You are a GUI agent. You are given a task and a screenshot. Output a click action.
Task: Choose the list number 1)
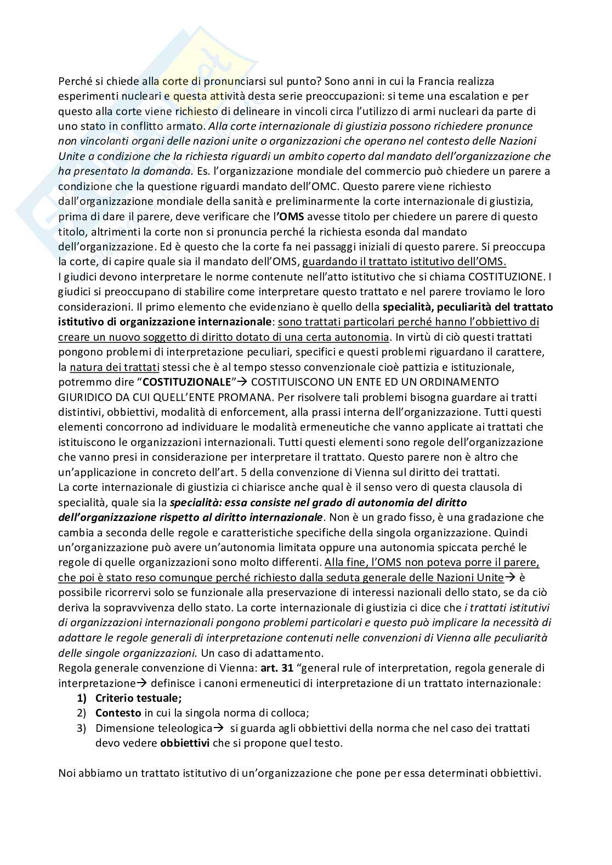(81, 698)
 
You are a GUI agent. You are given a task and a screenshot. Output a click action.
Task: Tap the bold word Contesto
(118, 713)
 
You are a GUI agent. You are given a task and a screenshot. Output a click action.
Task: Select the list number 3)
(81, 728)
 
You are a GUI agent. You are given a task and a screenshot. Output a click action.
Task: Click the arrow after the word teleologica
(219, 728)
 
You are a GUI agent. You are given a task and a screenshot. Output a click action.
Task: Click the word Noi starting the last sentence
(67, 773)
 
